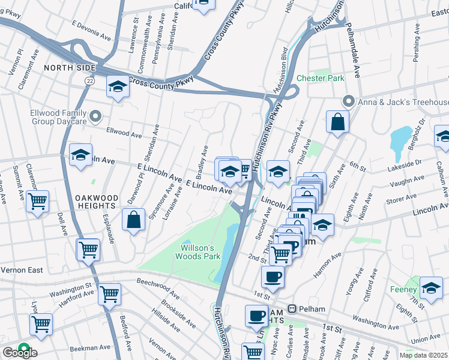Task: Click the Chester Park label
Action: pos(320,78)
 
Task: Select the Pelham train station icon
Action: pos(292,309)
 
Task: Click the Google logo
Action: pos(19,353)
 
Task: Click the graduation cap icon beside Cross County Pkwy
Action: pos(118,88)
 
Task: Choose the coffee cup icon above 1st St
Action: pos(273,277)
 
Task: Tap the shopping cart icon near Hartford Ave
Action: pos(109,294)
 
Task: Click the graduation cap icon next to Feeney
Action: pos(431,289)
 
